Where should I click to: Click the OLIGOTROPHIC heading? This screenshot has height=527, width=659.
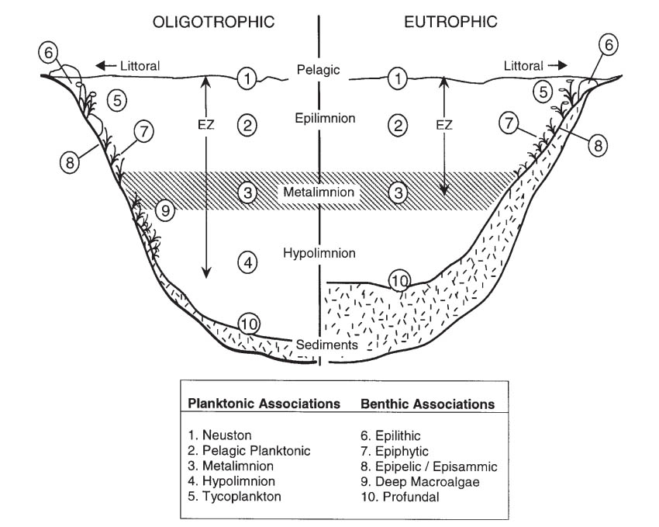pyautogui.click(x=213, y=21)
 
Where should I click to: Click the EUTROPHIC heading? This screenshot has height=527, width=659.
pyautogui.click(x=450, y=21)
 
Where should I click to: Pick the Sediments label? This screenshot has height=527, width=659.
pyautogui.click(x=326, y=344)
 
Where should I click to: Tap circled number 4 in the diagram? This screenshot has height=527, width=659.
pyautogui.click(x=247, y=263)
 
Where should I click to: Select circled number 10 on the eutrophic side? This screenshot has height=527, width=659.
pyautogui.click(x=399, y=280)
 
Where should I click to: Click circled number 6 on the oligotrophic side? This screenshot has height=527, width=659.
pyautogui.click(x=49, y=54)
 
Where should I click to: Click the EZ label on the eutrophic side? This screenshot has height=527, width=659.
pyautogui.click(x=444, y=124)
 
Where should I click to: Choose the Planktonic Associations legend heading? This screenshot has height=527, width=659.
pyautogui.click(x=264, y=404)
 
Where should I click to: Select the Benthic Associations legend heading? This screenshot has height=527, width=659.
pyautogui.click(x=428, y=404)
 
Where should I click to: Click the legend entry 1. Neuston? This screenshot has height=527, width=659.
pyautogui.click(x=219, y=436)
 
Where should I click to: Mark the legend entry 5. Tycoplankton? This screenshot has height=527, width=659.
pyautogui.click(x=232, y=497)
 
